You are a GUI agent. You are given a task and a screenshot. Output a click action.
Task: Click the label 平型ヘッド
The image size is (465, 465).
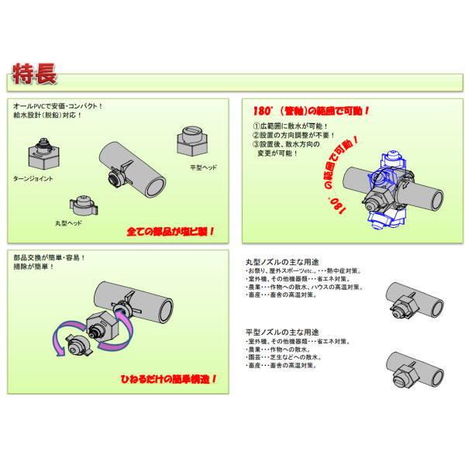coord(204,167)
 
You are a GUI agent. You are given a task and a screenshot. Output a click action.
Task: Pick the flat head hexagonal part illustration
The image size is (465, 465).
coord(193,139)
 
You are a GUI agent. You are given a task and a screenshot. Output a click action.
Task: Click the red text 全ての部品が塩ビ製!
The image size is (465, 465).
coord(171,231)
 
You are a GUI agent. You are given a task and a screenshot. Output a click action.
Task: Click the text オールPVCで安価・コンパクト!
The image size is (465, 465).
coord(58,105)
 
